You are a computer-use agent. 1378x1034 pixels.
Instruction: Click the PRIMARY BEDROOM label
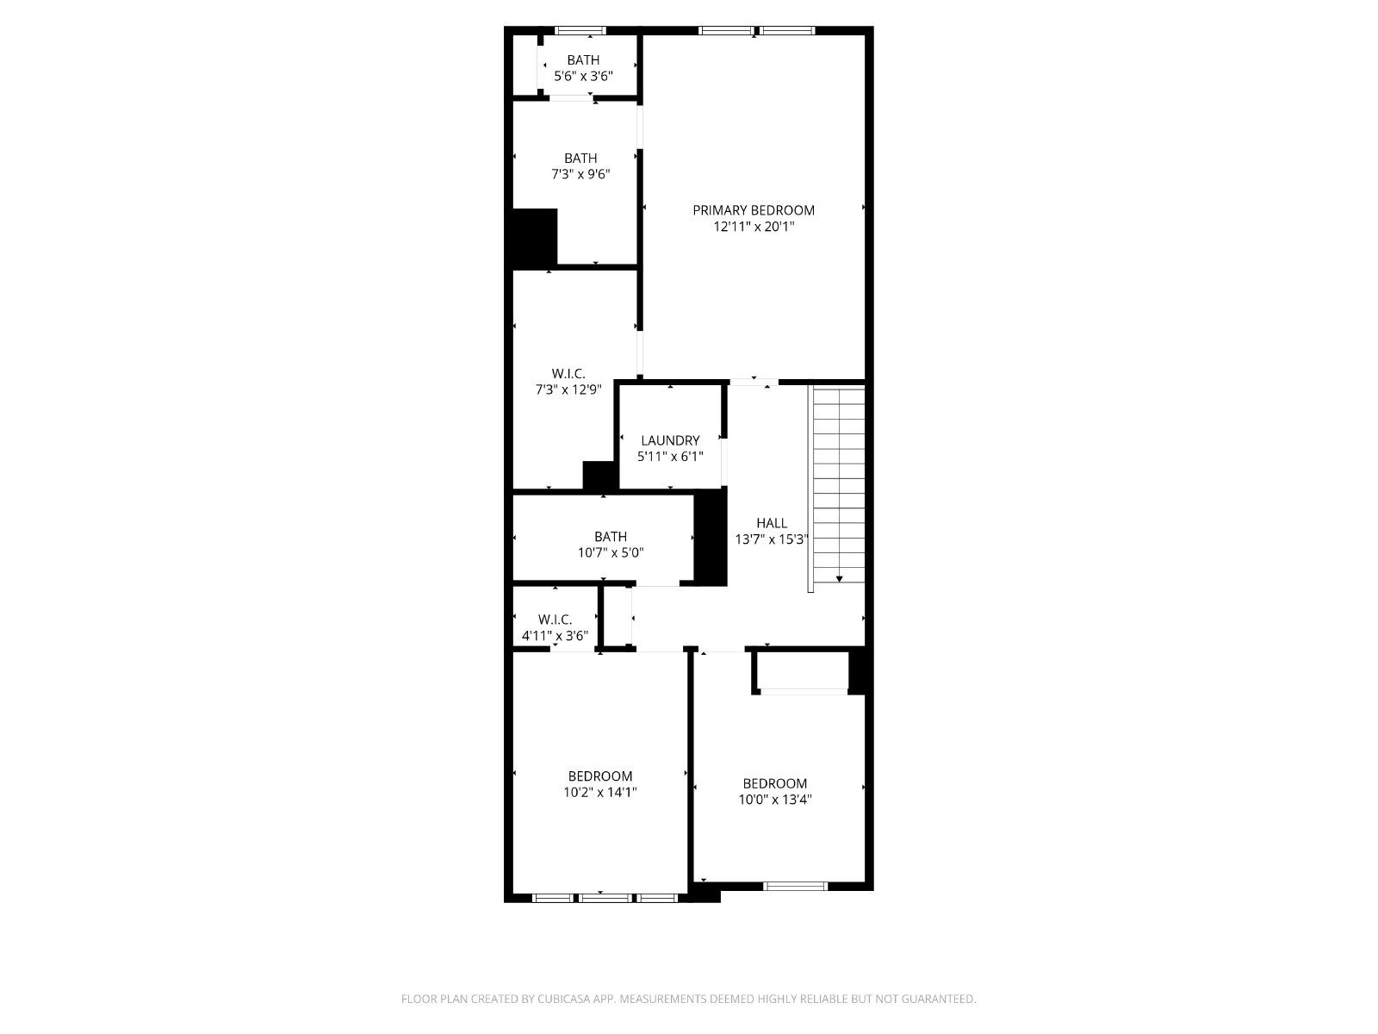[754, 210]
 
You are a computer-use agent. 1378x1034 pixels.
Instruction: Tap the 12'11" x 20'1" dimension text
[754, 227]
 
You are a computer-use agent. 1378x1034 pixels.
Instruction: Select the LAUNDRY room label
[670, 440]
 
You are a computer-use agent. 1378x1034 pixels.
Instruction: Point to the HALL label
[772, 523]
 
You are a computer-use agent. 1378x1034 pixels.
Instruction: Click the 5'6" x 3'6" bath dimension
[583, 77]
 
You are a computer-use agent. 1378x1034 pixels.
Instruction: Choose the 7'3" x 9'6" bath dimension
[580, 175]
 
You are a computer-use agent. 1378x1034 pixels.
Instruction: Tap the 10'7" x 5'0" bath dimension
[611, 553]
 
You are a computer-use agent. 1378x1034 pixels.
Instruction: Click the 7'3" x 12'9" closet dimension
[568, 389]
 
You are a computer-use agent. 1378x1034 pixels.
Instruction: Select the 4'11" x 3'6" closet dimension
[555, 635]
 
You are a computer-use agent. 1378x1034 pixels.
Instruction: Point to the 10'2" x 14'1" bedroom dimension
[600, 792]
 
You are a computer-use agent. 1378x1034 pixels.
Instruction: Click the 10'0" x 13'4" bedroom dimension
[774, 800]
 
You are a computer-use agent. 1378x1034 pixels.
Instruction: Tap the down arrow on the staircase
[840, 579]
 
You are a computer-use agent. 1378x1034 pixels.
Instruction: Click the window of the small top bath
[580, 30]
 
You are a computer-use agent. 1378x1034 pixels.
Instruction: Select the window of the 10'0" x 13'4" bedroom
[796, 886]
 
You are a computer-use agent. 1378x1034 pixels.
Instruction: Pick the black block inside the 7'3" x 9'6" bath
[535, 237]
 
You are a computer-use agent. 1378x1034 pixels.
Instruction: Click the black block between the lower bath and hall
[711, 538]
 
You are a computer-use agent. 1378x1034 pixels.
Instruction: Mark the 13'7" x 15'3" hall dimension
[772, 539]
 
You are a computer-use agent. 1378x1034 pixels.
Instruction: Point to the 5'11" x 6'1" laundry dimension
[670, 457]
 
